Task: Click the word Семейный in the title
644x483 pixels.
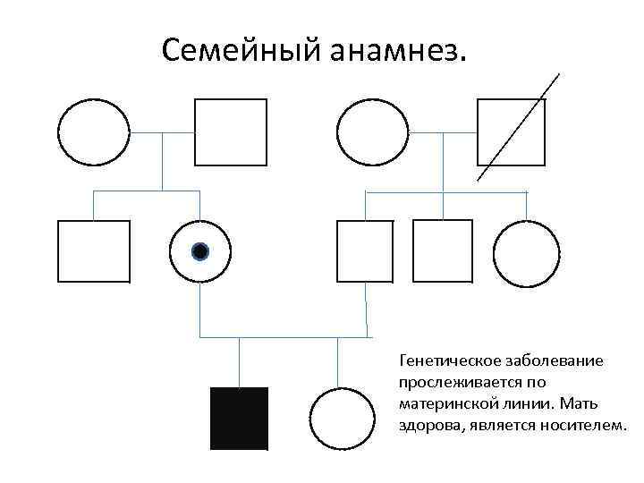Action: coord(234,51)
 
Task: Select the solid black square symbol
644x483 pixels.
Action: coord(239,418)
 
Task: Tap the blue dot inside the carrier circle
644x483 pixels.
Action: coord(200,251)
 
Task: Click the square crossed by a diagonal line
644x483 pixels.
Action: coord(511,132)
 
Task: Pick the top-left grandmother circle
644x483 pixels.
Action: coord(94,131)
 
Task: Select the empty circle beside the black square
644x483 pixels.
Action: coord(341,419)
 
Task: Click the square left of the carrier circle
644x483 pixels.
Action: coord(94,251)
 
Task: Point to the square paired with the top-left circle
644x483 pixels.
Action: coord(231,132)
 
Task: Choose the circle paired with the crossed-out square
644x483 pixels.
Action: coord(370,131)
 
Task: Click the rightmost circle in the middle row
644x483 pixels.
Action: coord(526,251)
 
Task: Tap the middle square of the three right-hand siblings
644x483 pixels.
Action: coord(443,250)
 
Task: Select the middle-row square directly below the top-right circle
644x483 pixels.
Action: coord(365,250)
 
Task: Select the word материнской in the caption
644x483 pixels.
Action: coord(448,403)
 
